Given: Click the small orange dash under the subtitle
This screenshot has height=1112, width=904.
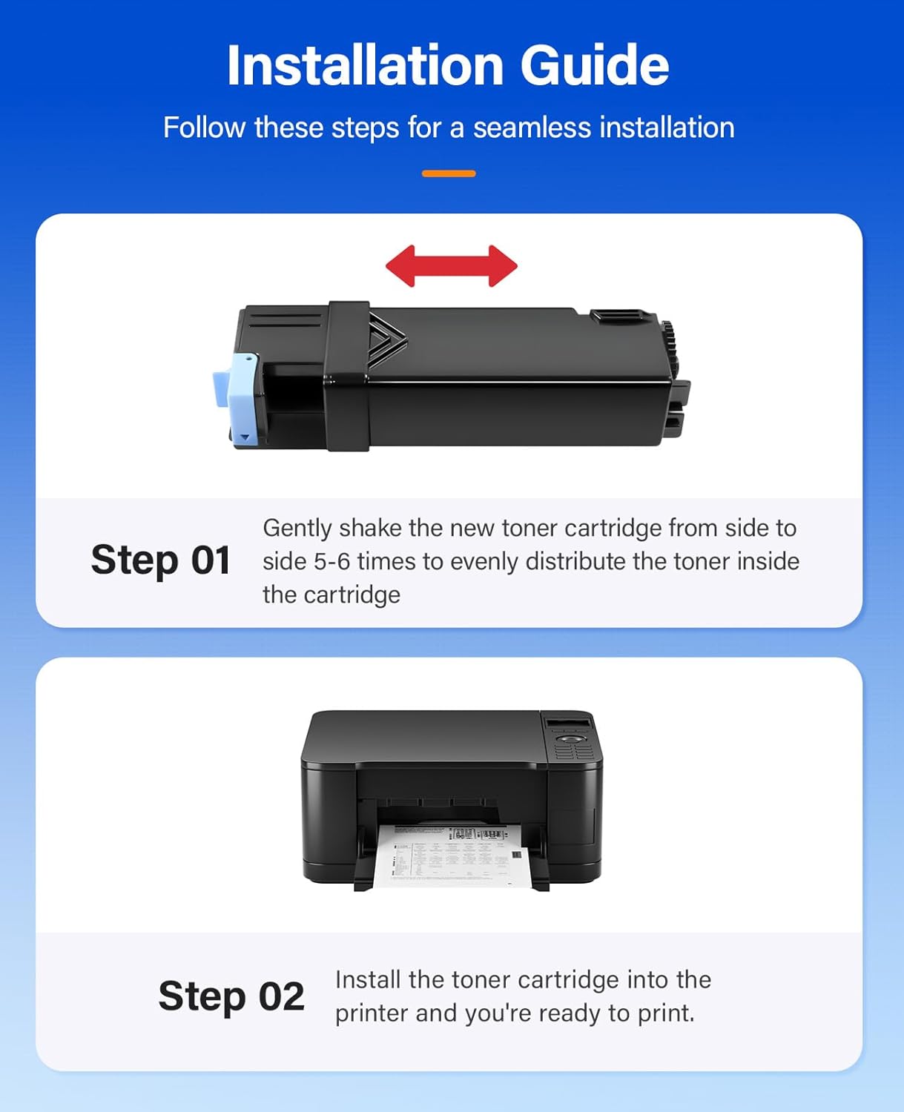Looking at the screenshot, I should tap(449, 173).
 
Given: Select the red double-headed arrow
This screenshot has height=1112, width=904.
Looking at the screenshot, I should tap(451, 266).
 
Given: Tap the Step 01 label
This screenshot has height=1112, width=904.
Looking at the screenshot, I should tap(160, 560).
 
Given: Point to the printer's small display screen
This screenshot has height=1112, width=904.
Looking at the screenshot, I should tap(568, 723).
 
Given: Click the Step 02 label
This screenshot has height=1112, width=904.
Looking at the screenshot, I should tap(231, 996).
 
